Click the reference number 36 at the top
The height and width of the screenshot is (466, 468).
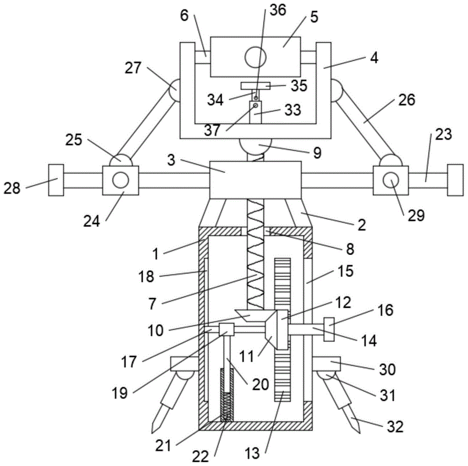click(278, 10)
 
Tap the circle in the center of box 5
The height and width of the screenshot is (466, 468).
click(256, 57)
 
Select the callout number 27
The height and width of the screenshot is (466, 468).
click(133, 68)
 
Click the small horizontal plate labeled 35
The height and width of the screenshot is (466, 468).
click(256, 86)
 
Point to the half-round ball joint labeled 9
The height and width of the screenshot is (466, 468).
click(256, 146)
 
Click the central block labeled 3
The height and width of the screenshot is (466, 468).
click(256, 180)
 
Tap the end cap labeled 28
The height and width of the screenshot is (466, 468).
click(56, 180)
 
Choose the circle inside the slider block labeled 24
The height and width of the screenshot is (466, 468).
click(121, 180)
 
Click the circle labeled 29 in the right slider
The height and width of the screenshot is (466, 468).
click(391, 180)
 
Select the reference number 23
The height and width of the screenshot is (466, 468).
click(443, 135)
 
